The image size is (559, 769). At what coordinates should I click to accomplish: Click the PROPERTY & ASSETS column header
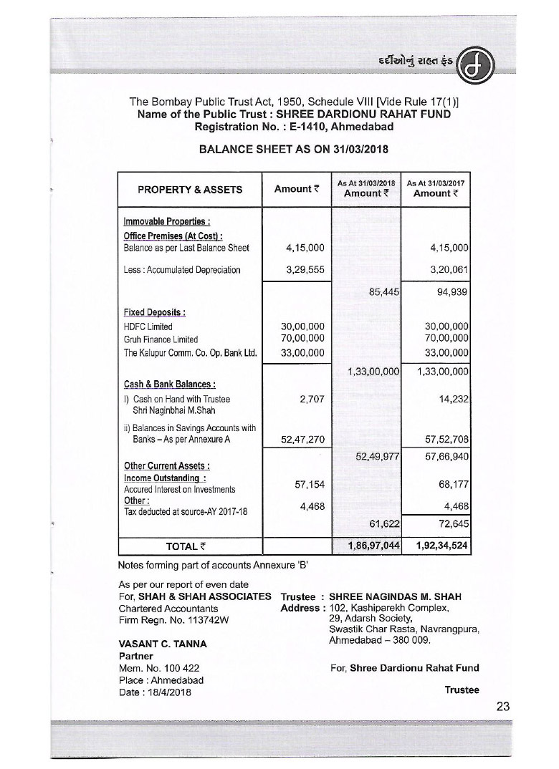click(x=190, y=190)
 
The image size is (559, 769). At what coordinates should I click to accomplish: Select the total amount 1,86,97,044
click(x=370, y=546)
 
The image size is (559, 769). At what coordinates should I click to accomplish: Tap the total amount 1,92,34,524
click(x=439, y=546)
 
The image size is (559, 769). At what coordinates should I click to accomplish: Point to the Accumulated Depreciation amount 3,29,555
click(x=305, y=270)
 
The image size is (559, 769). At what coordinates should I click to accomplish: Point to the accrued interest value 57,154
click(x=310, y=485)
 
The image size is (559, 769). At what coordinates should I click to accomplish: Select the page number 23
click(x=502, y=706)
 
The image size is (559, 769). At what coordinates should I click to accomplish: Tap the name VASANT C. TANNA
click(x=163, y=644)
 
